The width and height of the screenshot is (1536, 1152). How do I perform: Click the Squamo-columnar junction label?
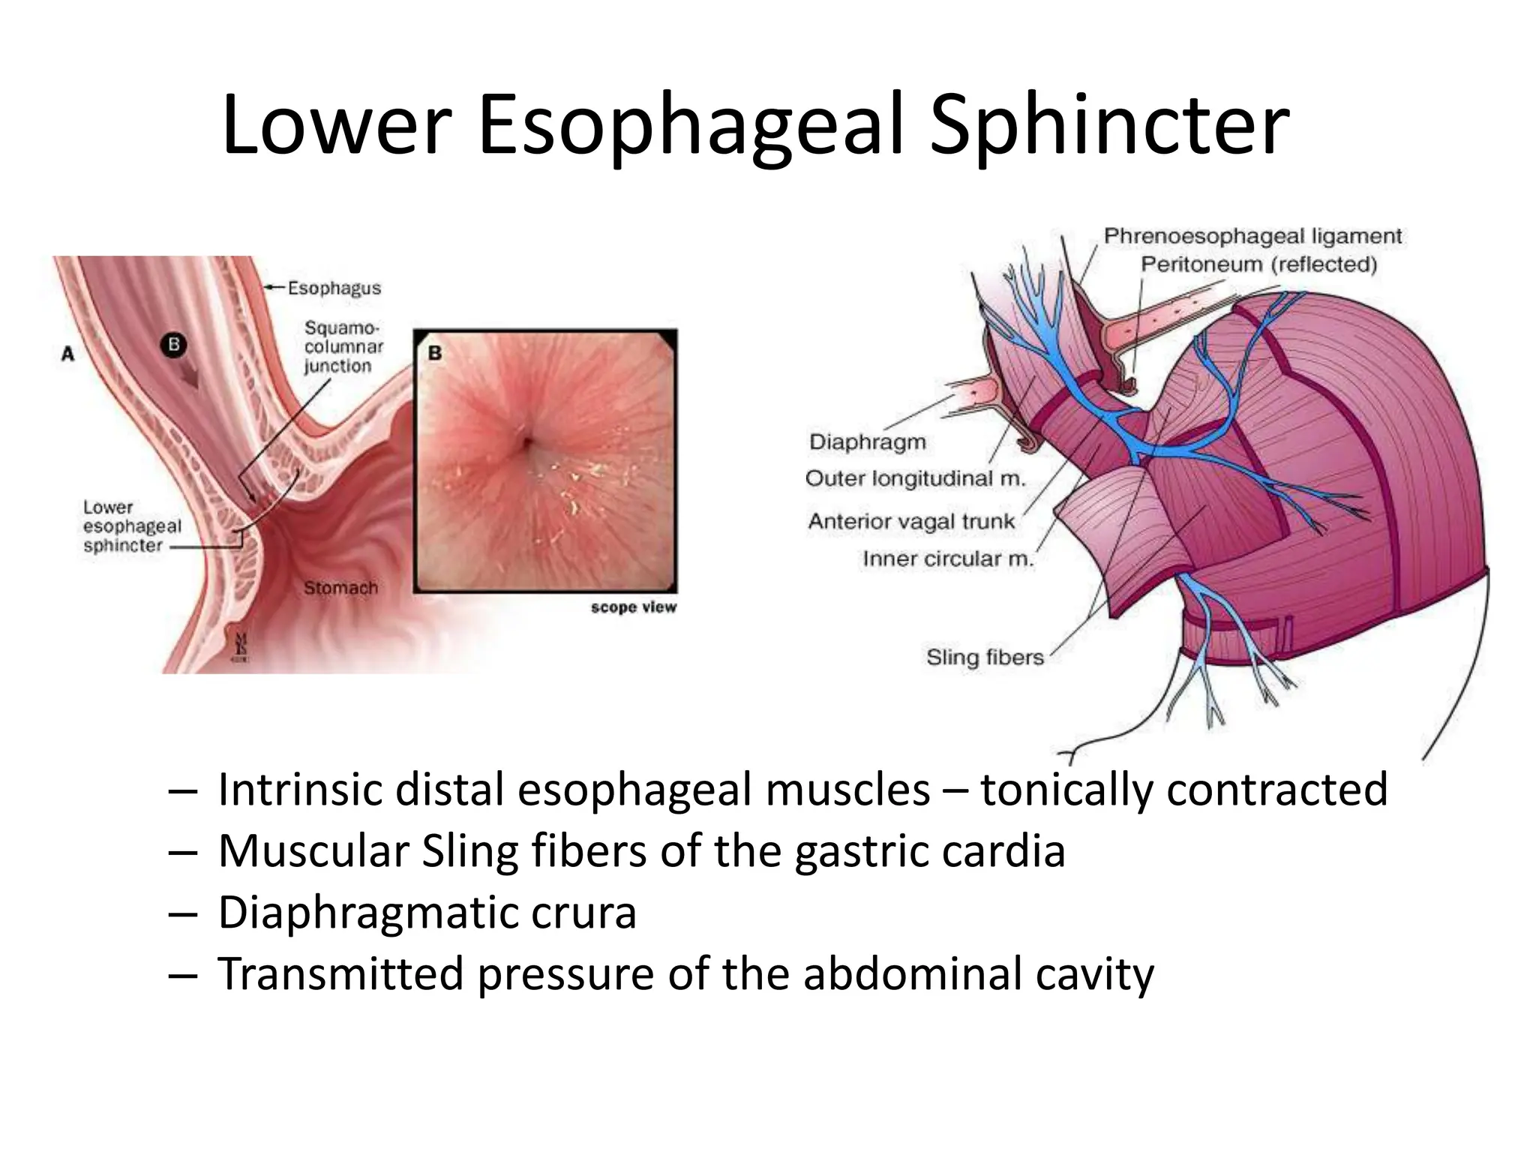click(343, 347)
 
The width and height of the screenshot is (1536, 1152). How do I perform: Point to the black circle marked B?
click(174, 345)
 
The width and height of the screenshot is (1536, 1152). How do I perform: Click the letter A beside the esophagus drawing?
click(68, 353)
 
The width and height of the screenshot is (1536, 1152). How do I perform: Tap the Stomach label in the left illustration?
click(340, 588)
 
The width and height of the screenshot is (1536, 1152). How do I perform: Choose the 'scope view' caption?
click(633, 607)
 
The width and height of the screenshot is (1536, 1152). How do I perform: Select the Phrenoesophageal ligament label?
click(1252, 236)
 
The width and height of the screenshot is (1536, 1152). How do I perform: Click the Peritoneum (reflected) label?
click(1258, 265)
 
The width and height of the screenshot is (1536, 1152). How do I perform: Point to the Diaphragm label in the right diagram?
click(867, 442)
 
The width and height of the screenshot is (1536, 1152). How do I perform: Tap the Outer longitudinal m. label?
click(914, 478)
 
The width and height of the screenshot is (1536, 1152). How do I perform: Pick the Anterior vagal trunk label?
click(910, 521)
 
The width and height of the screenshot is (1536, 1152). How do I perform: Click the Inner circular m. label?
click(947, 559)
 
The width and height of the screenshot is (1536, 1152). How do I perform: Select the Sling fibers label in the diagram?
click(984, 657)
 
